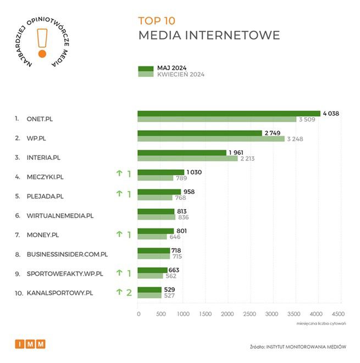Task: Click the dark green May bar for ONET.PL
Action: click(x=229, y=114)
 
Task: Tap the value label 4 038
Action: click(x=331, y=114)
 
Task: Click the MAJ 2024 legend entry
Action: click(x=171, y=68)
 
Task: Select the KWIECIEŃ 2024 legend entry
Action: click(x=180, y=75)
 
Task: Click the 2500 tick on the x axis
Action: click(x=250, y=314)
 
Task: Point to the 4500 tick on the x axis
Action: click(x=338, y=314)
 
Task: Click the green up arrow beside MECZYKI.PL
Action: click(x=118, y=174)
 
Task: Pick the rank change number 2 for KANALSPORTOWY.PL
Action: click(x=129, y=292)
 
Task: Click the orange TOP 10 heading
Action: click(x=157, y=21)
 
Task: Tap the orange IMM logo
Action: click(x=30, y=344)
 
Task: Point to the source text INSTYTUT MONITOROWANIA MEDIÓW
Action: click(x=308, y=347)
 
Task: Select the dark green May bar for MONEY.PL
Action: click(x=156, y=231)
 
